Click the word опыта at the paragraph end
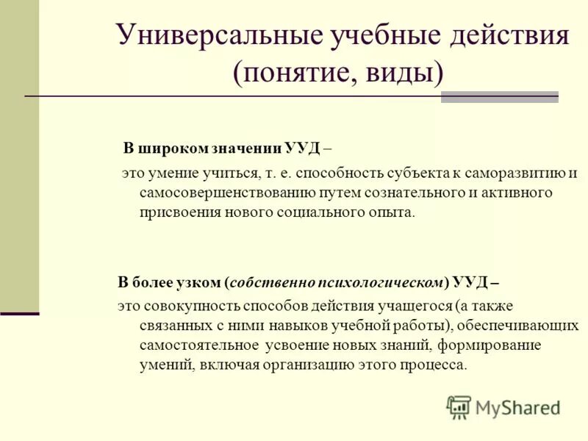395,212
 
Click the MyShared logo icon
458,406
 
